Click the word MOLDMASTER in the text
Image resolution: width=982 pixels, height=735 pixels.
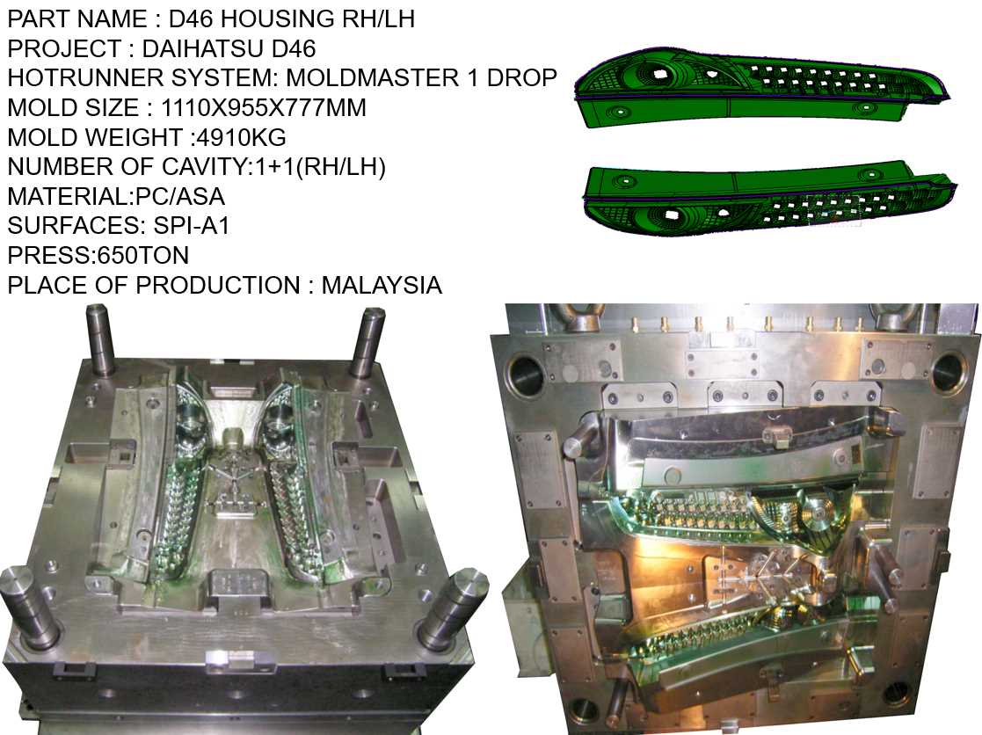368,77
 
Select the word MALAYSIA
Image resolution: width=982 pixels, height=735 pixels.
382,285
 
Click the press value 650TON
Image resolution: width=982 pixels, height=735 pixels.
133,256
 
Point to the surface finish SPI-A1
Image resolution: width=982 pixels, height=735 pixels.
190,226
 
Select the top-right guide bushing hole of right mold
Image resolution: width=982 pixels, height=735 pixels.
949,371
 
